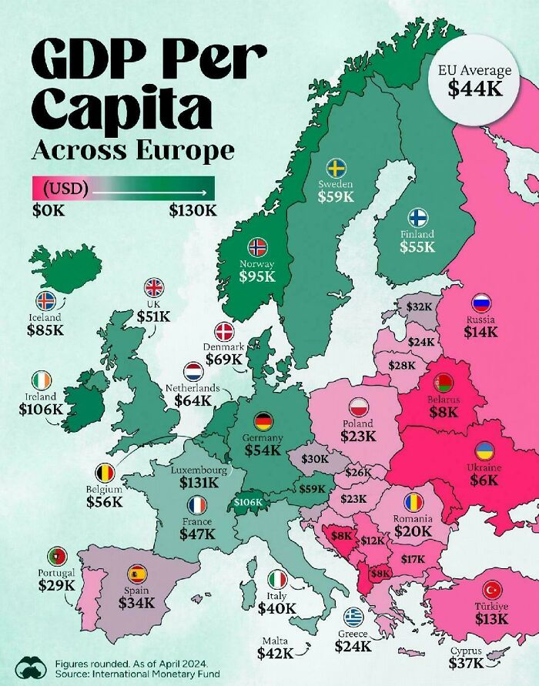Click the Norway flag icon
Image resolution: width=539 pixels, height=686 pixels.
[257, 247]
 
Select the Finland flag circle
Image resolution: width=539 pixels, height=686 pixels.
[417, 216]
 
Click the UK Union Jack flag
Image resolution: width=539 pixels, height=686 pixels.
[155, 288]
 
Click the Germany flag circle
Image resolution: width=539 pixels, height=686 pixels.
[264, 421]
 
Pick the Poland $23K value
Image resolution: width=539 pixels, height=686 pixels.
[358, 436]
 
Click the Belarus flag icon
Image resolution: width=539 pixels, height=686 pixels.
[443, 383]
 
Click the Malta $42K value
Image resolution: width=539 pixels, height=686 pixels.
[276, 653]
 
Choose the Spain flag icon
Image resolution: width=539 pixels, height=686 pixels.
[137, 573]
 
